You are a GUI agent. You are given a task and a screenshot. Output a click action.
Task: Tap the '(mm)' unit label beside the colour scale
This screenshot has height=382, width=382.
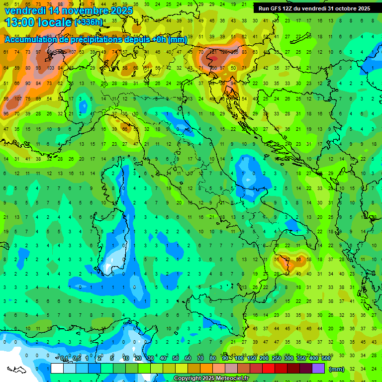coord(337,369)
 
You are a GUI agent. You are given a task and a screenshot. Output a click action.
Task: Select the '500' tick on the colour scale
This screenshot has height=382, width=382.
coord(326,359)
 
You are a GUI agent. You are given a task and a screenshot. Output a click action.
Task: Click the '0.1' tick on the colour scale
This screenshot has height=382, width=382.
coord(64,359)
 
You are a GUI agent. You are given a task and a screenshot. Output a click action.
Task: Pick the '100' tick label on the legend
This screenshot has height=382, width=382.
coord(239,359)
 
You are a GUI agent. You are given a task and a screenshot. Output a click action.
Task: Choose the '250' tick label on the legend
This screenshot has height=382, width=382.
coord(277,359)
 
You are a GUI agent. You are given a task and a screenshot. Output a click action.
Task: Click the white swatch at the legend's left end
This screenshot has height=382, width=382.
coord(57,369)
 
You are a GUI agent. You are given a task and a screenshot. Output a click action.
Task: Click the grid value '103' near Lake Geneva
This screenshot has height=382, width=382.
coord(50,68)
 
